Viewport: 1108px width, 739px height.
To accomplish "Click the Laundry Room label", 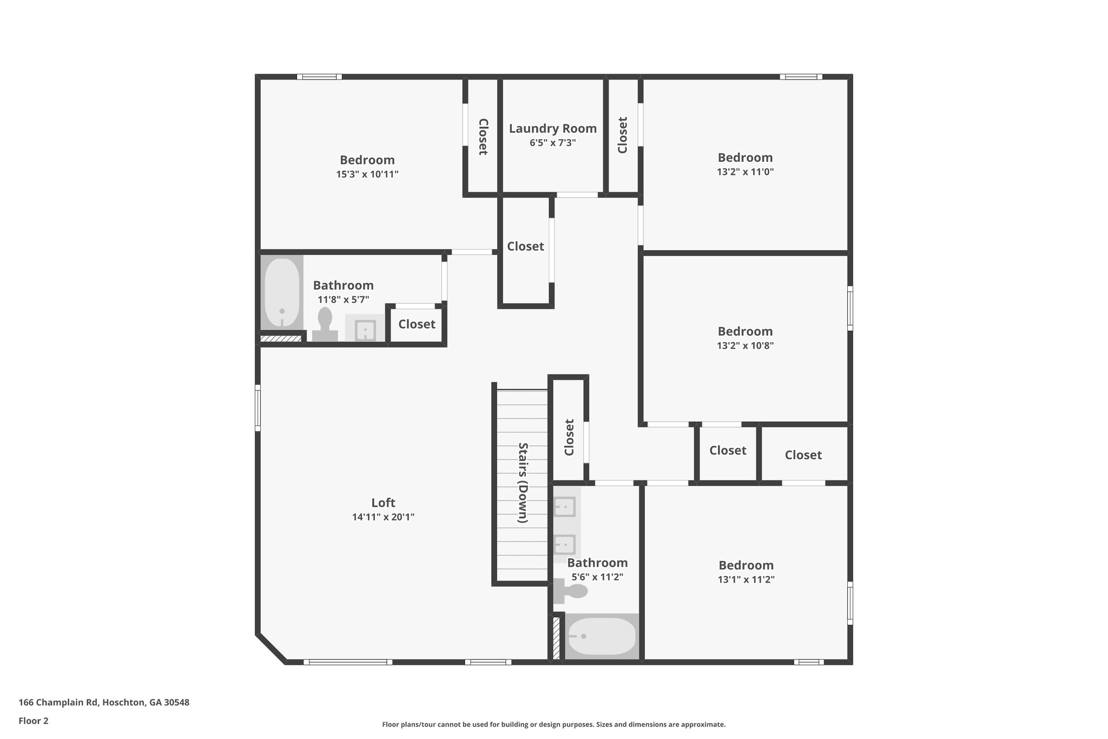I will [552, 129].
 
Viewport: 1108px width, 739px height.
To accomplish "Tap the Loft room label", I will [383, 502].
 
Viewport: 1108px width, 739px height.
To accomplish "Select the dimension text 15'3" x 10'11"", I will [367, 174].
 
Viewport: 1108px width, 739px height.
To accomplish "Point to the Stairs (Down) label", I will [523, 482].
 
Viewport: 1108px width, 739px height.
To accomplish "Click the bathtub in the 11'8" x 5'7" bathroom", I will [281, 293].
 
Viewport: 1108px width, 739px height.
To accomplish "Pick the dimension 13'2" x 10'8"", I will [745, 345].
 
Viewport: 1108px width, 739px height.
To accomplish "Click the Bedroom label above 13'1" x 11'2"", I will [746, 565].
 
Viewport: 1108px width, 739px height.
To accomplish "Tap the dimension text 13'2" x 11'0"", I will [745, 172].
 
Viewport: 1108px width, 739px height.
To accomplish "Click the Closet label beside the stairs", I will [569, 437].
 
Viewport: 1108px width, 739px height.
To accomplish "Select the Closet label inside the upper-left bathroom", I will [417, 324].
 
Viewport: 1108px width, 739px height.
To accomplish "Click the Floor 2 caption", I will [34, 721].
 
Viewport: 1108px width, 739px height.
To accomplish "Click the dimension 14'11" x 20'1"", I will [383, 517].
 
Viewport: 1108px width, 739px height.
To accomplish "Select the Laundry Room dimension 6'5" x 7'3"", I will [552, 143].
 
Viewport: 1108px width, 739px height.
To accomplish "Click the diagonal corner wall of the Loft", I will [271, 648].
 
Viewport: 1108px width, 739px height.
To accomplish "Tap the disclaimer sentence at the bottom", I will [553, 724].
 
